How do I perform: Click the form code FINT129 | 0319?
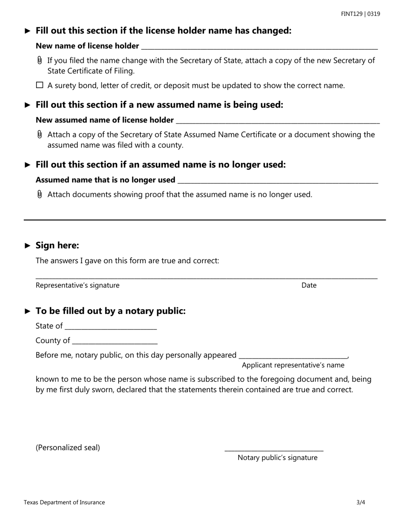pos(360,14)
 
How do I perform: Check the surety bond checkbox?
pos(40,85)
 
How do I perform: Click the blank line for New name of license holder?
pos(259,47)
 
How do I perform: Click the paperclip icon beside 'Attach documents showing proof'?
pos(40,194)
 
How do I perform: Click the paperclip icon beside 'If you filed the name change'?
pos(40,60)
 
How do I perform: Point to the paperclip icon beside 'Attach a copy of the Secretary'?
pos(40,135)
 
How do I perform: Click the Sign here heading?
pos(57,245)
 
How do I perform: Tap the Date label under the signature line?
pos(309,285)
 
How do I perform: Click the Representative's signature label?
pos(77,285)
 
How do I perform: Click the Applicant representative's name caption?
pos(293,365)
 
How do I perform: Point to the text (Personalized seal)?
pos(68,447)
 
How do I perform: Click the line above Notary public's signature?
pos(274,449)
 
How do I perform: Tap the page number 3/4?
pos(361,502)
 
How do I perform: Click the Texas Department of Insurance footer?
pos(64,502)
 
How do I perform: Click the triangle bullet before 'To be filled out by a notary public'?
pos(28,311)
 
